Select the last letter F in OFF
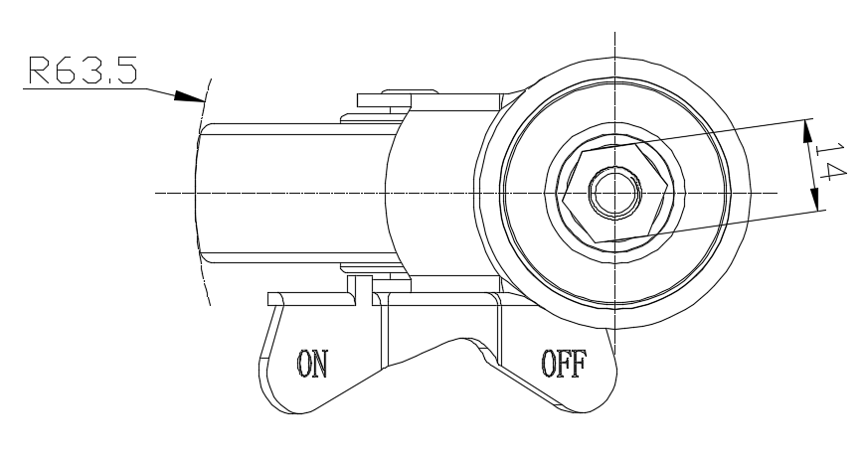(x=582, y=363)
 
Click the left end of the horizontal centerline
(x=157, y=191)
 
